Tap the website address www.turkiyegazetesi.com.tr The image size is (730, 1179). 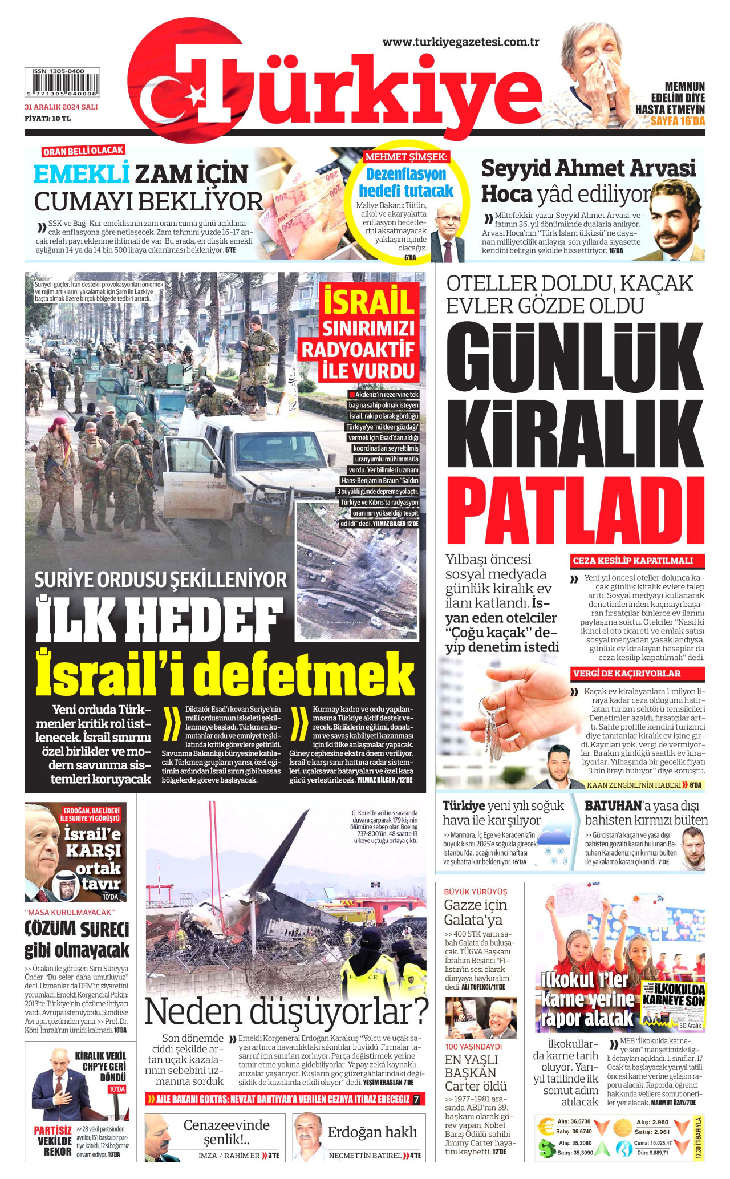click(461, 42)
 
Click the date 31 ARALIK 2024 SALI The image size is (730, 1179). click(61, 107)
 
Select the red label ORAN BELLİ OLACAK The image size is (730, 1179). click(83, 151)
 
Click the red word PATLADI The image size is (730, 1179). click(579, 511)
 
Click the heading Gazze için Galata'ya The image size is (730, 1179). click(476, 913)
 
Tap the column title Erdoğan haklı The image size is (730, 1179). click(372, 1133)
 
